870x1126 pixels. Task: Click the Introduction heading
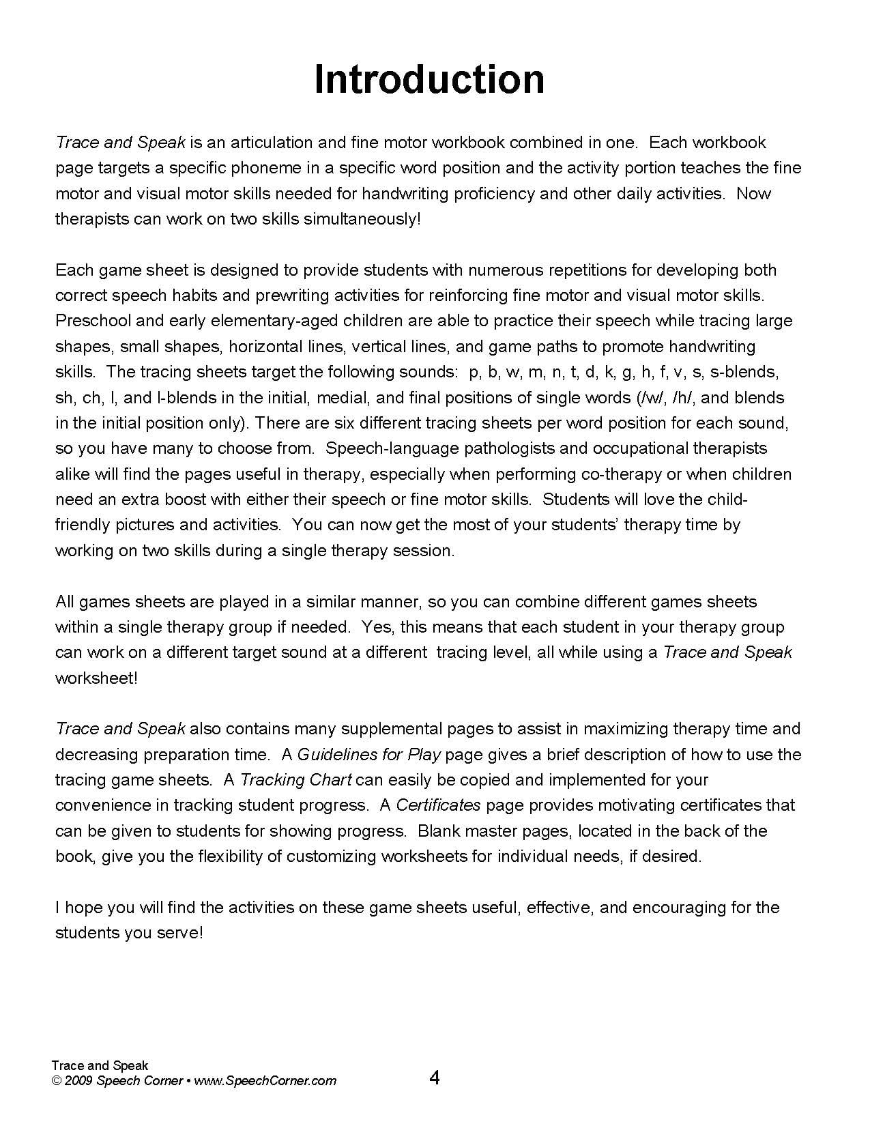pyautogui.click(x=429, y=79)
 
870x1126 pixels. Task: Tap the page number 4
pyautogui.click(x=435, y=1078)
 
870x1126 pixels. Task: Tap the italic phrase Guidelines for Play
pyautogui.click(x=369, y=755)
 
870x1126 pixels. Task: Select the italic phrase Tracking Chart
pyautogui.click(x=296, y=780)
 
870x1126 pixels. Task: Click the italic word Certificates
pyautogui.click(x=438, y=805)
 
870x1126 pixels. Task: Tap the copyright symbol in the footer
pyautogui.click(x=57, y=1081)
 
